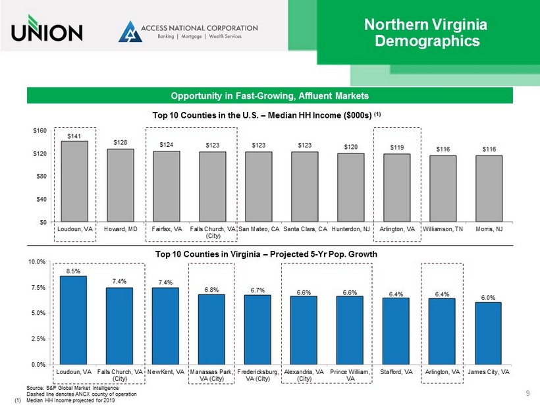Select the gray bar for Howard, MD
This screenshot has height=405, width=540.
[121, 186]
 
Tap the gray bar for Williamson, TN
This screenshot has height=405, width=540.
[443, 189]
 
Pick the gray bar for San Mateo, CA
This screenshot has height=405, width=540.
[259, 187]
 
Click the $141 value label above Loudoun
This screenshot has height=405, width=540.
[74, 136]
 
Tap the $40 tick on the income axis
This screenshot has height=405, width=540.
[40, 199]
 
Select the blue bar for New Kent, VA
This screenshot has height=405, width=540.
[165, 326]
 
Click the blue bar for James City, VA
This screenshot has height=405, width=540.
[488, 333]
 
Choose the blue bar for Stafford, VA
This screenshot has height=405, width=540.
[396, 331]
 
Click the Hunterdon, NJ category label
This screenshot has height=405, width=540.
[351, 229]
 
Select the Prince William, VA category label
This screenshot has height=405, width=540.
[350, 375]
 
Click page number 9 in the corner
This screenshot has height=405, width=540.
[528, 394]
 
